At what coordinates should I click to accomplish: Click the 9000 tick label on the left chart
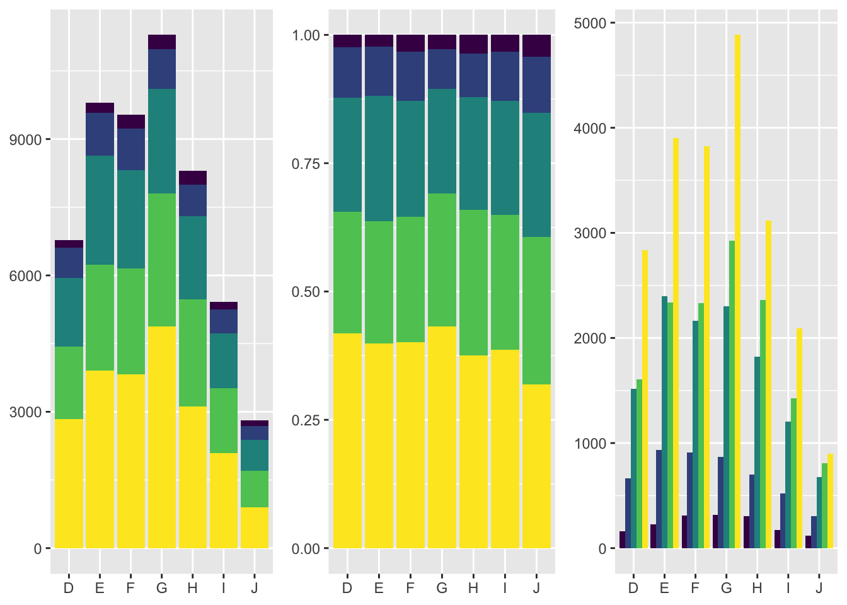click(x=23, y=140)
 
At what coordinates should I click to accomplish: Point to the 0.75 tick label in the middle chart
click(x=306, y=164)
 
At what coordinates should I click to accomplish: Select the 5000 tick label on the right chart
click(x=591, y=23)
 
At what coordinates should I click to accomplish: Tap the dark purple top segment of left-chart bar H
click(x=193, y=178)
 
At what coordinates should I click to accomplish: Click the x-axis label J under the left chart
click(x=255, y=588)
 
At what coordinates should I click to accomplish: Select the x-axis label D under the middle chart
click(x=347, y=588)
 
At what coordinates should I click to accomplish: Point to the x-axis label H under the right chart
click(x=758, y=588)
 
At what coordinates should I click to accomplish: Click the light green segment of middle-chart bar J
click(x=536, y=310)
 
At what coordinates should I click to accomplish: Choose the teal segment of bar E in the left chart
click(x=100, y=210)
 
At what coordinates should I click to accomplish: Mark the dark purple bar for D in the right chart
click(x=623, y=540)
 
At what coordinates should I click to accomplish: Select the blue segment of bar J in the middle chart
click(x=536, y=84)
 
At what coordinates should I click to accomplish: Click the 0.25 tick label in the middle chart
click(x=306, y=420)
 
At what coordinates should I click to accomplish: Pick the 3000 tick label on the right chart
click(x=591, y=233)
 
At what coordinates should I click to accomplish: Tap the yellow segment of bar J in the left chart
click(x=255, y=527)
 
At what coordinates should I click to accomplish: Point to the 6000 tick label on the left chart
click(x=23, y=276)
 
